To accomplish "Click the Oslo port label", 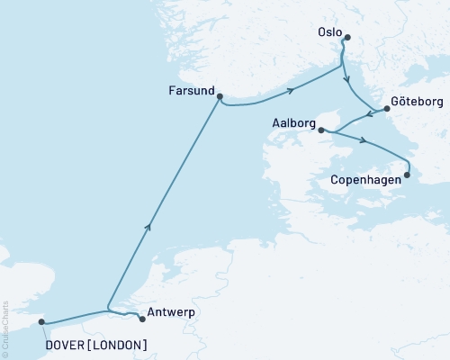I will click(x=329, y=32).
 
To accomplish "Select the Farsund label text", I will click(x=190, y=91).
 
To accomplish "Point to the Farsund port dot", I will click(x=220, y=99).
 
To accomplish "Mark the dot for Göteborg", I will click(x=387, y=109).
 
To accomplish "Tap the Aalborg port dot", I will click(x=321, y=130).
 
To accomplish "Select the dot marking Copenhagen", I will click(x=407, y=175).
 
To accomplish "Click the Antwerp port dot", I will click(x=142, y=318).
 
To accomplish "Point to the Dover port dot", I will click(x=41, y=321).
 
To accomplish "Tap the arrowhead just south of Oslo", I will click(x=346, y=79).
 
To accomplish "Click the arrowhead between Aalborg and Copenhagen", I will click(x=362, y=140).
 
